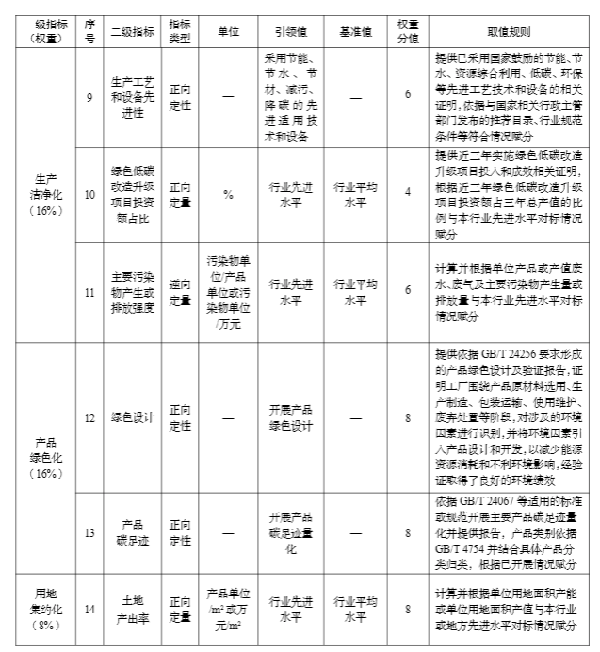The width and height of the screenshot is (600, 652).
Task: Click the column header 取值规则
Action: pyautogui.click(x=512, y=31)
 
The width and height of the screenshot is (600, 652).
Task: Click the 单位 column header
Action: pyautogui.click(x=228, y=31)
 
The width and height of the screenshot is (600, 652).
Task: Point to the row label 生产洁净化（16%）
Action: pyautogui.click(x=46, y=196)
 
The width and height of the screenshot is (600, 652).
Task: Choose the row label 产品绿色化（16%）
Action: pyautogui.click(x=46, y=458)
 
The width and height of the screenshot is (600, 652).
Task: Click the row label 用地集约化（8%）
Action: pyautogui.click(x=46, y=609)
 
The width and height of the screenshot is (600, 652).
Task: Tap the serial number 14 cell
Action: pyautogui.click(x=89, y=610)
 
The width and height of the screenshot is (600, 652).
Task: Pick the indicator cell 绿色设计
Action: pyautogui.click(x=131, y=417)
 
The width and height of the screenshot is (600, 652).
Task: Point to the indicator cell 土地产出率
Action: pyautogui.click(x=131, y=610)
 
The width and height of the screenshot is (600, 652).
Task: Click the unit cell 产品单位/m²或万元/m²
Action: pyautogui.click(x=228, y=610)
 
